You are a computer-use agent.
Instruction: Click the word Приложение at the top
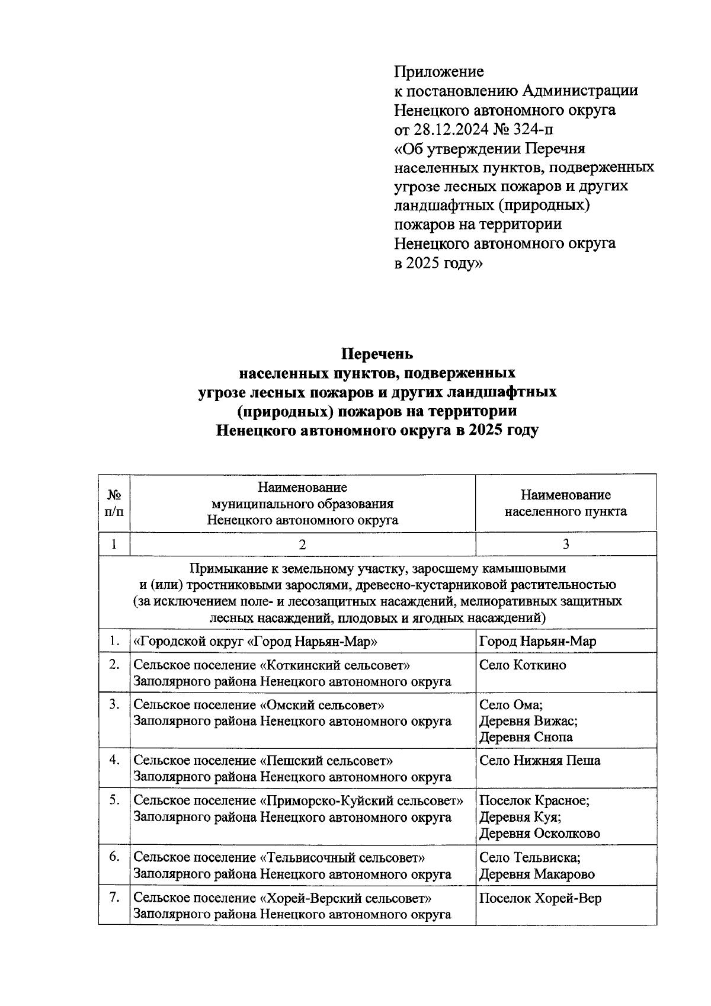coord(439,72)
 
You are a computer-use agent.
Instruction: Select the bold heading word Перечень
coord(377,354)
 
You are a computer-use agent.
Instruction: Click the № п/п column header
coord(114,502)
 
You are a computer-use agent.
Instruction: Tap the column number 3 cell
coord(566,544)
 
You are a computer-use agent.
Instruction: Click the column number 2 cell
coord(302,544)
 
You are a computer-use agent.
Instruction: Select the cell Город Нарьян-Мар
coord(537,641)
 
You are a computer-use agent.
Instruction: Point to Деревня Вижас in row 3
coord(528,721)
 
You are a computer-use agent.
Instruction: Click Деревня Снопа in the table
coord(526,737)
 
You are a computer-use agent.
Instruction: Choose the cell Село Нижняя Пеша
coord(539,760)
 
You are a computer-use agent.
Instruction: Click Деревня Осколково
coord(539,834)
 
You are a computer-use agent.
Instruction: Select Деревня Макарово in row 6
coord(537,874)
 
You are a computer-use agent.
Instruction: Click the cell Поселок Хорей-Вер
coord(540,898)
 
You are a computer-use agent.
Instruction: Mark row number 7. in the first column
coord(115,898)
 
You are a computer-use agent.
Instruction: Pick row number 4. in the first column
coord(115,760)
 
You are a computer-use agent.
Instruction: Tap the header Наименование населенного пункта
coord(566,503)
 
